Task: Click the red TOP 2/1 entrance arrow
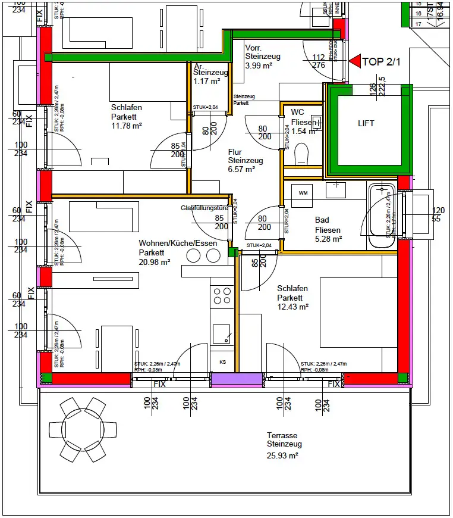coord(355,61)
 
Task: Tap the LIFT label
coord(366,123)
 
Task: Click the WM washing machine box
coord(303,193)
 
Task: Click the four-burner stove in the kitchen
coord(222,296)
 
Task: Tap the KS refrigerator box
coord(222,361)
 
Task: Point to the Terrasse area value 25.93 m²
coord(282,455)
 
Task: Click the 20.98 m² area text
coord(155,262)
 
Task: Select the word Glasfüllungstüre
coord(205,208)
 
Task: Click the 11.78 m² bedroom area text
coord(126,126)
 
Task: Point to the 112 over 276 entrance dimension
coord(319,61)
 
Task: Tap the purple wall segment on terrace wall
coord(237,379)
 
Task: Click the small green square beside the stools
coord(232,252)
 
